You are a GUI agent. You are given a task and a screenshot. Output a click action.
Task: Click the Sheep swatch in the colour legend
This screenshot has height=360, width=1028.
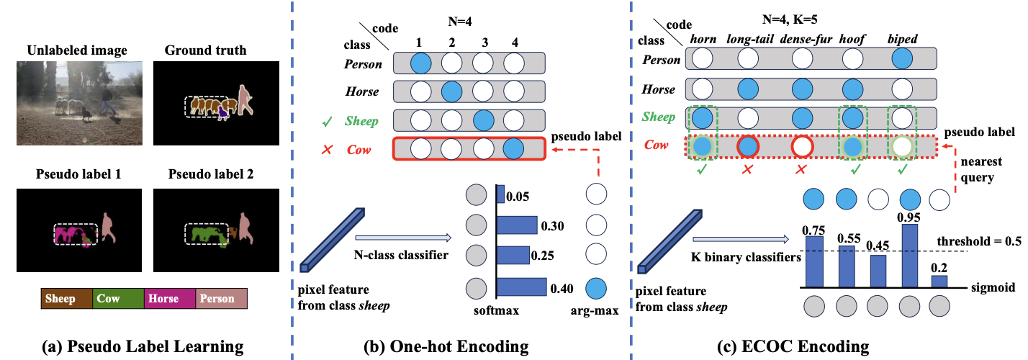click(x=66, y=299)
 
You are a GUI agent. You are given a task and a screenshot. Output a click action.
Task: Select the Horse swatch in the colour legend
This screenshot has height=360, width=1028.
click(x=170, y=299)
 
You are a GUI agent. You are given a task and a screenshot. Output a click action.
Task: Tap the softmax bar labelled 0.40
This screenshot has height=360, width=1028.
click(x=522, y=287)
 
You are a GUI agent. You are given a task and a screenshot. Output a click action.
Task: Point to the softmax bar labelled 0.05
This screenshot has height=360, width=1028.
click(x=501, y=194)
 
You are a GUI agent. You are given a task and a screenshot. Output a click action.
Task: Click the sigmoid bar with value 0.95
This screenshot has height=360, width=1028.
click(x=910, y=256)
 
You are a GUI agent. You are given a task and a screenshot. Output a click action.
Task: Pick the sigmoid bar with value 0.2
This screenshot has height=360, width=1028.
click(x=939, y=282)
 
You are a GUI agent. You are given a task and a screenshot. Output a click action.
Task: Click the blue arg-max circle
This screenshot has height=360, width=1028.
click(x=596, y=289)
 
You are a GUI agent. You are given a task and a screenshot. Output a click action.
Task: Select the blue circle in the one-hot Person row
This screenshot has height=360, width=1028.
click(x=421, y=63)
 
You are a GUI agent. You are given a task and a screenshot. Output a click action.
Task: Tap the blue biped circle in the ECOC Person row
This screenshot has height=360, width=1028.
click(x=902, y=59)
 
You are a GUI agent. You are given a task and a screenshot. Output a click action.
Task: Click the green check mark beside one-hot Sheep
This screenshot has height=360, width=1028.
click(x=328, y=122)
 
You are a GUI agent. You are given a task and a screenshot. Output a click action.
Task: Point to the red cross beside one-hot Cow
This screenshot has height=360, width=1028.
click(x=327, y=150)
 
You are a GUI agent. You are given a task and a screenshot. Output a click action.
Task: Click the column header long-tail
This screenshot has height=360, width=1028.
click(x=750, y=40)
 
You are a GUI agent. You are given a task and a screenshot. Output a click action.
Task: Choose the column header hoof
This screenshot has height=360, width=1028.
click(x=852, y=40)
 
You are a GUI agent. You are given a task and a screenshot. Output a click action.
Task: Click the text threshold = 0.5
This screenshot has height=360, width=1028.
click(x=979, y=241)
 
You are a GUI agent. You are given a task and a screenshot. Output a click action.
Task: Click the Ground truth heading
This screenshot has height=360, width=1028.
click(x=206, y=50)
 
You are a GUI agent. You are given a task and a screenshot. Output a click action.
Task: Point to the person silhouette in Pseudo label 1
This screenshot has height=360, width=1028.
click(x=108, y=228)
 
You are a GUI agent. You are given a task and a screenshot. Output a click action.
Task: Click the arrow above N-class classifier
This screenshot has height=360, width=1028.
click(x=403, y=238)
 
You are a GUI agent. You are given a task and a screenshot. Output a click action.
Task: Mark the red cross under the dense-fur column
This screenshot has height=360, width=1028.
click(x=801, y=170)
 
